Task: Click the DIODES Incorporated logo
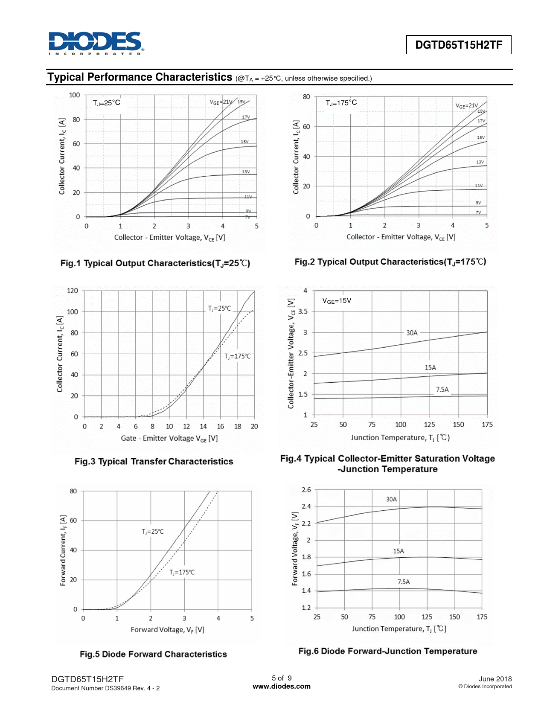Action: point(96,43)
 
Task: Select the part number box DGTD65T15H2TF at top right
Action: point(458,45)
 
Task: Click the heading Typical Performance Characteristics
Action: point(140,77)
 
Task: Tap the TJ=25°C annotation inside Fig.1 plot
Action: point(107,103)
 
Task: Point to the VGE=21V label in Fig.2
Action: point(467,105)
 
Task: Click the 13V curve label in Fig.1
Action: point(246,172)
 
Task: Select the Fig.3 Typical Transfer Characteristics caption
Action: point(154,461)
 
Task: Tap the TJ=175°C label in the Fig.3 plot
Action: point(238,356)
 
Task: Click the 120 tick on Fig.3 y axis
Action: point(73,291)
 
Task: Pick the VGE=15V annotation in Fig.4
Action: point(337,301)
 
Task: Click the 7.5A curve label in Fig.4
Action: point(442,390)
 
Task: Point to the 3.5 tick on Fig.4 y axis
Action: point(303,311)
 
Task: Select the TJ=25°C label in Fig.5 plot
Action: point(153,532)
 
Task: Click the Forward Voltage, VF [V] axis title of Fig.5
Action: point(167,630)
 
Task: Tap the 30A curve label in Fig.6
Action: point(391,499)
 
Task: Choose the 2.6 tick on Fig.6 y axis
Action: point(306,490)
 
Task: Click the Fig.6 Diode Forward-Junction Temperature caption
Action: point(387,651)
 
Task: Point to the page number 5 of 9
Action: point(282,678)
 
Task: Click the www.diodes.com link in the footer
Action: point(282,687)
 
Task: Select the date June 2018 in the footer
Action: point(495,679)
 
